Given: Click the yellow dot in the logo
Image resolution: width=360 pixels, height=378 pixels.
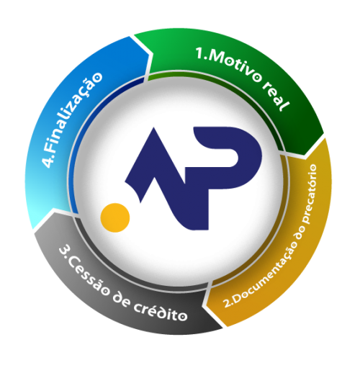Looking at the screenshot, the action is point(115,217).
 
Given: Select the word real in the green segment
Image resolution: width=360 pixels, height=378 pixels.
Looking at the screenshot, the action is point(276,98).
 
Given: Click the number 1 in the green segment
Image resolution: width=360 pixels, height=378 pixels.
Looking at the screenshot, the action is point(199,53).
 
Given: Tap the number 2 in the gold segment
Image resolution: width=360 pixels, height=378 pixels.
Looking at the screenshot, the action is point(226,303).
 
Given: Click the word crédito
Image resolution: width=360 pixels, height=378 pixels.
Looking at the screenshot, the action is point(161,312).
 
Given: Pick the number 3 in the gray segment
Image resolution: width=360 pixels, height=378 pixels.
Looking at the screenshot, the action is point(64,250).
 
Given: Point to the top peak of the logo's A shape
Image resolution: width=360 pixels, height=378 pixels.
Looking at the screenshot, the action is point(153,127).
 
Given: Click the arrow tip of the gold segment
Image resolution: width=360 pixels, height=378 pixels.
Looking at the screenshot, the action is point(205,305).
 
